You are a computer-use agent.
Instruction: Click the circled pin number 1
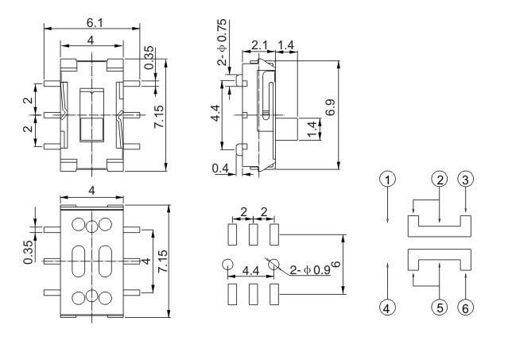click(x=386, y=180)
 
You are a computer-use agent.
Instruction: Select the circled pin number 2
click(x=439, y=180)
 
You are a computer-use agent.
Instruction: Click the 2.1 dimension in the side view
click(x=260, y=45)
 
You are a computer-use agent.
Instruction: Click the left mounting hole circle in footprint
click(x=228, y=265)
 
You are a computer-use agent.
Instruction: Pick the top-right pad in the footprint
click(x=274, y=234)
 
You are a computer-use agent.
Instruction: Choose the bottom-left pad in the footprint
click(x=232, y=294)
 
